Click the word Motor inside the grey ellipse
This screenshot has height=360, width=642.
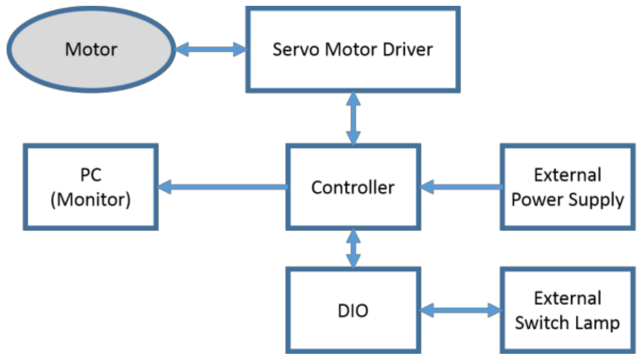[91, 49]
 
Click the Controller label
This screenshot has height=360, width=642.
[353, 187]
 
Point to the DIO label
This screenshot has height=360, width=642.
[353, 311]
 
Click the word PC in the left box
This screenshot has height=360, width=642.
[91, 175]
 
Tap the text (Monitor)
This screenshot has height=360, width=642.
[91, 199]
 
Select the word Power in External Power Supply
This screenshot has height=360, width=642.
[537, 199]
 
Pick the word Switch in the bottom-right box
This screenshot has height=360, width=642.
[542, 323]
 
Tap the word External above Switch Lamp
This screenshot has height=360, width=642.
[568, 298]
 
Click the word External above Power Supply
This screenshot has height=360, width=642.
[568, 175]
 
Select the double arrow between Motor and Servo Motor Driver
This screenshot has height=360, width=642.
[211, 49]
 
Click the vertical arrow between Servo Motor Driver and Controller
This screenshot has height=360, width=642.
[353, 119]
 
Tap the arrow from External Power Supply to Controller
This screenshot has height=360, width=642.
[461, 187]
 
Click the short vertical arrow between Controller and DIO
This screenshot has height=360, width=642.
[353, 248]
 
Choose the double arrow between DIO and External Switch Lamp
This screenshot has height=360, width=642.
[460, 310]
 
